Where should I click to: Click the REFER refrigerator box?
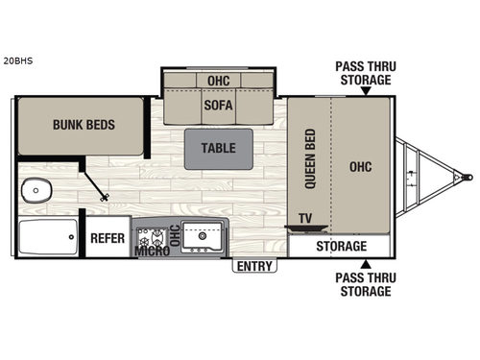108,238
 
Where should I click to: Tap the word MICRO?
152,252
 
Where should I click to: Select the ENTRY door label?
254,266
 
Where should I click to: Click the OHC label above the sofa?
219,79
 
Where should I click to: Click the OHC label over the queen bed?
361,165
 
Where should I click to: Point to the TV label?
305,218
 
